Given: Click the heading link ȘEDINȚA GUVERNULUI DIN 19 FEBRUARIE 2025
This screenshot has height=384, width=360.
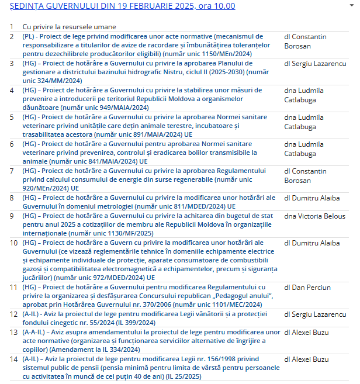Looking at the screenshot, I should pos(122,6).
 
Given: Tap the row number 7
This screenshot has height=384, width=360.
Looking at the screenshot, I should pos(12,171).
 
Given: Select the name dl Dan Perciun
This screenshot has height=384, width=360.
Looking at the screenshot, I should pos(307,288).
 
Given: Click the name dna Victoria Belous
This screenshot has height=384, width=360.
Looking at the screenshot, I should pos(316,216).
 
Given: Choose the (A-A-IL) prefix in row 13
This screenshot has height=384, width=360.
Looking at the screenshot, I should pos(36,333).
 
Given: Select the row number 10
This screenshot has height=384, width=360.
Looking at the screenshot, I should pos(13,243).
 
